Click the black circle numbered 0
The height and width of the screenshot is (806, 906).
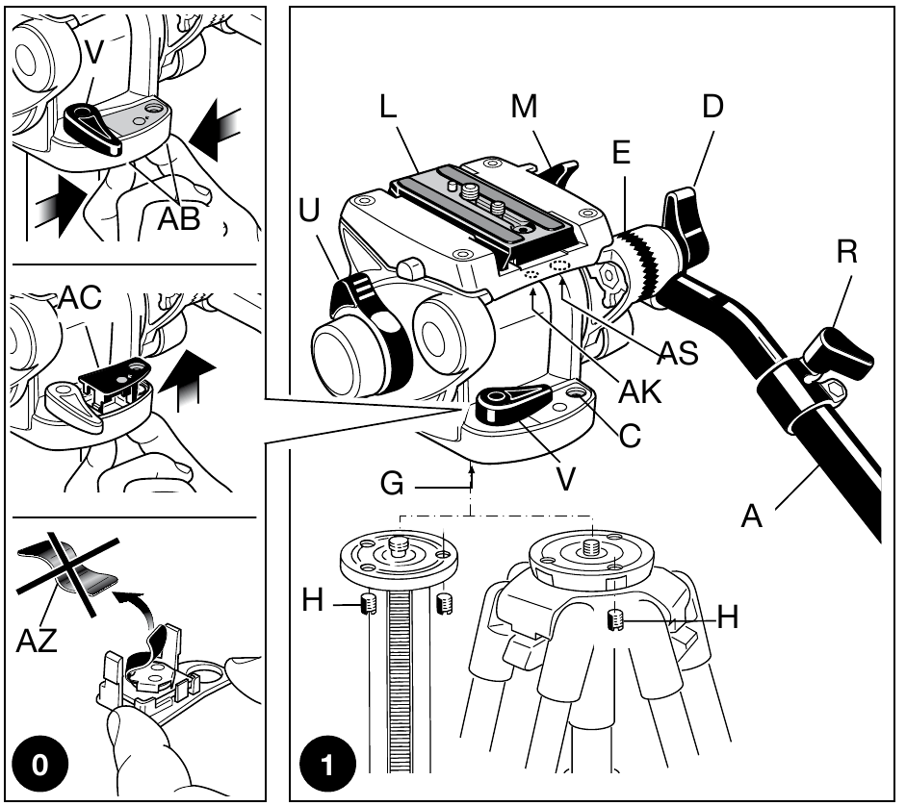tap(39, 766)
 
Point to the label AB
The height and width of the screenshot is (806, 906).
tap(179, 218)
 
